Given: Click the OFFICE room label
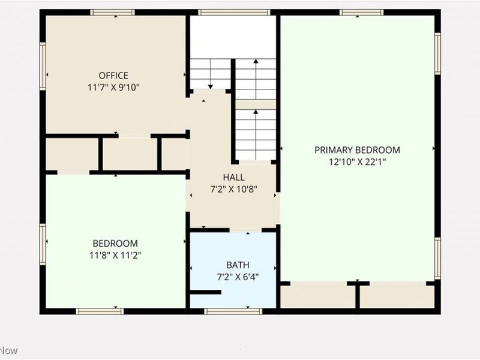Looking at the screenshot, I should click(x=113, y=76).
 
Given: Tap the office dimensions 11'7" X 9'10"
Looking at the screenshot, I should click(x=113, y=86).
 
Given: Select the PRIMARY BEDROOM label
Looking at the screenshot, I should click(x=357, y=150).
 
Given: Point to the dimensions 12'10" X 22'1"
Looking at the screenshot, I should click(x=357, y=161).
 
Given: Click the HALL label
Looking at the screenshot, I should click(x=233, y=177).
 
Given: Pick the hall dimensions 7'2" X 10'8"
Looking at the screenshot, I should click(x=233, y=188).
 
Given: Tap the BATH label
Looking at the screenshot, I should click(x=238, y=265).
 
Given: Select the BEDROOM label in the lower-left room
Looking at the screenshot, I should click(x=115, y=244).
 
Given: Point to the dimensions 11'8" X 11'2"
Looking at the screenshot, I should click(x=115, y=255).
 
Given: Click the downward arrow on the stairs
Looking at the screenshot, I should click(x=211, y=74).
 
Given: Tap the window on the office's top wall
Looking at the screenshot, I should click(x=112, y=12).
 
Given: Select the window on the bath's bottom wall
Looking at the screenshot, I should click(x=233, y=311).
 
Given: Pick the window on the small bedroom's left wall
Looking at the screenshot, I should click(x=43, y=243).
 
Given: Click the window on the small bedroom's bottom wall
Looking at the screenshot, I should click(x=100, y=311).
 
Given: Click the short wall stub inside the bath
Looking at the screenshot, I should click(x=205, y=292).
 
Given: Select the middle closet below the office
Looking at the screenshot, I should click(x=129, y=154).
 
